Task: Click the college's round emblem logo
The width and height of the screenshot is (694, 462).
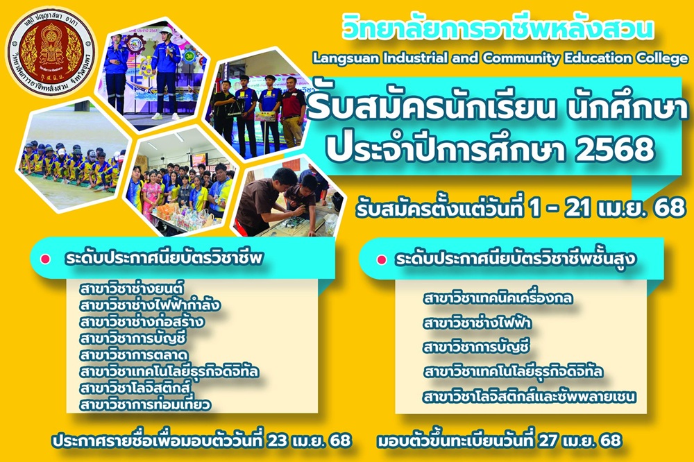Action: (51, 52)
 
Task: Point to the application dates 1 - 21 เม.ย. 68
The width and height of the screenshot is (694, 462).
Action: (607, 207)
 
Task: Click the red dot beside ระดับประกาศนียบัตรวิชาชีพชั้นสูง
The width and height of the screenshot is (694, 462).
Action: (382, 259)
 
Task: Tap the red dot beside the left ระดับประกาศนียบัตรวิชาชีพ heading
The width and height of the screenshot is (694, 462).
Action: (45, 259)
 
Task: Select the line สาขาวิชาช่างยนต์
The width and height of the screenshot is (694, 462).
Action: (132, 289)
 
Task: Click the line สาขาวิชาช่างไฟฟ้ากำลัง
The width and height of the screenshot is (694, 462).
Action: (150, 305)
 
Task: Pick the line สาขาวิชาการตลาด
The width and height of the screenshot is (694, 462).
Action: (134, 354)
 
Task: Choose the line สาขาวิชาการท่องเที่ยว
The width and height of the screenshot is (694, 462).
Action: (146, 404)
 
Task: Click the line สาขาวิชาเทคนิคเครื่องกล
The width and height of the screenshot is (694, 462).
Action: (498, 298)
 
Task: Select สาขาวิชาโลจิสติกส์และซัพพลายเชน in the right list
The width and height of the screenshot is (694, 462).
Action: (530, 397)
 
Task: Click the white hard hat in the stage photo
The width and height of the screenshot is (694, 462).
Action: (166, 30)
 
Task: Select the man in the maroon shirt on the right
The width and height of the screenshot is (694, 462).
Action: (292, 110)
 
